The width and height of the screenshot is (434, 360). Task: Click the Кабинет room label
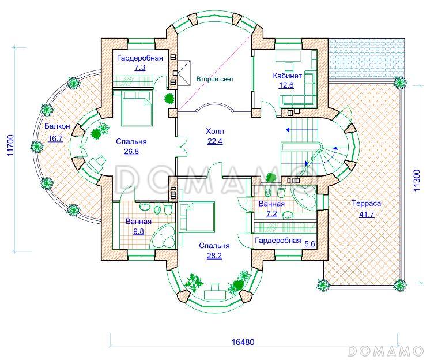(x=287, y=76)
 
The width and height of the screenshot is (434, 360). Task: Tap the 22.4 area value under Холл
(x=215, y=141)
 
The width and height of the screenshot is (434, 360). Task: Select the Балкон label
(x=57, y=126)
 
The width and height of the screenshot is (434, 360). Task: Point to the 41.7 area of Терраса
(x=367, y=214)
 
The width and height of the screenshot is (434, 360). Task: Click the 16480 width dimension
(x=243, y=342)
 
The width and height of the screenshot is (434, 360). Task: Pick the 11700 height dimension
(x=10, y=145)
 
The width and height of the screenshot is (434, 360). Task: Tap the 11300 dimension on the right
(x=417, y=180)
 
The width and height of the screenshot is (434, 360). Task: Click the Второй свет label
(x=215, y=79)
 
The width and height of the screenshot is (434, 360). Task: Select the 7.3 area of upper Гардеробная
(x=140, y=67)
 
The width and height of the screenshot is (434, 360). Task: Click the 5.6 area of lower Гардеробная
(x=310, y=243)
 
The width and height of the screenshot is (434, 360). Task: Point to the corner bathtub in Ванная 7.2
(x=305, y=197)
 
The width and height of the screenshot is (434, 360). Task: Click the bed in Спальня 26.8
(x=137, y=109)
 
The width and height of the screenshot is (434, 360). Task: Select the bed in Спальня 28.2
(x=197, y=216)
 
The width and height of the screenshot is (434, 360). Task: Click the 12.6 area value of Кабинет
(x=286, y=85)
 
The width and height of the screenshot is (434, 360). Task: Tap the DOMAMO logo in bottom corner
(x=385, y=351)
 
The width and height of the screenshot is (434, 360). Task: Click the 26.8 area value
(x=131, y=152)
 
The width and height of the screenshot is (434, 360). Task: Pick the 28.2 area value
(x=214, y=256)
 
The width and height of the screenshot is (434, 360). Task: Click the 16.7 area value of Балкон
(x=55, y=138)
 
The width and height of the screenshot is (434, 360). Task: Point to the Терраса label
(x=366, y=204)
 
